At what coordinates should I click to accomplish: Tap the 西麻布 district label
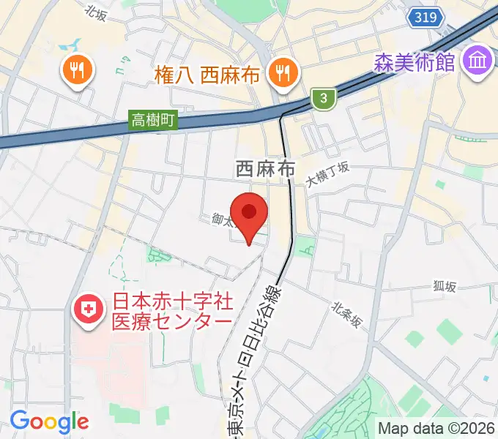point(265,169)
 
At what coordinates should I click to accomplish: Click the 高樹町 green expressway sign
point(154,121)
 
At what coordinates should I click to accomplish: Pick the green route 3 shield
point(323,97)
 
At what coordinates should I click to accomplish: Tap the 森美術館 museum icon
point(479,60)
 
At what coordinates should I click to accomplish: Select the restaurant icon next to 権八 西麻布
point(281,71)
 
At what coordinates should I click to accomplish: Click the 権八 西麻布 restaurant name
point(207,73)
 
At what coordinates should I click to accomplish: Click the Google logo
point(50,421)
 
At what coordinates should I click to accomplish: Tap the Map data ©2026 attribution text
point(436,428)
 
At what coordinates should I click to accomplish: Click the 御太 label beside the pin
point(221,219)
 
